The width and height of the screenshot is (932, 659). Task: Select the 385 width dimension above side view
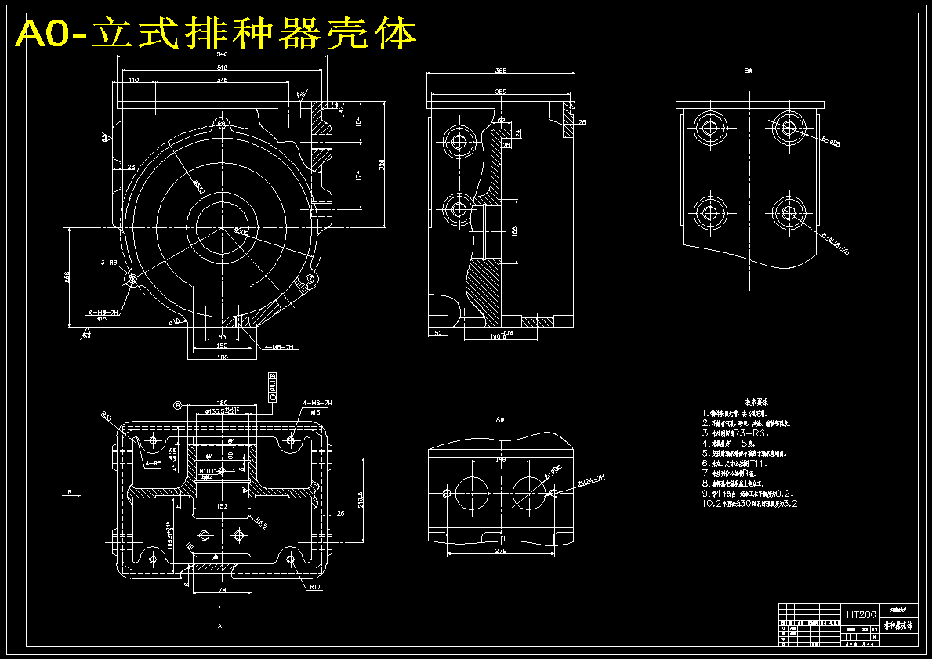[500, 71]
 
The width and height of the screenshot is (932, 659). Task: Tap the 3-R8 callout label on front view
[108, 263]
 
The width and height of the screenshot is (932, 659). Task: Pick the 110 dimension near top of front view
[133, 81]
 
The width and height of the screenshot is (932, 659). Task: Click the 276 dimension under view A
[500, 552]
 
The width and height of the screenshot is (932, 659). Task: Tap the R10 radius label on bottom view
[315, 586]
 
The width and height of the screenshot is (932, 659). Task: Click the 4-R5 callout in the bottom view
[154, 463]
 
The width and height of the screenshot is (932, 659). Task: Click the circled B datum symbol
[177, 405]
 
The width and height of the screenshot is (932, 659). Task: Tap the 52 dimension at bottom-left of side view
[438, 334]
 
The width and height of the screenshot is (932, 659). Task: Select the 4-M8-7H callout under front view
[278, 346]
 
